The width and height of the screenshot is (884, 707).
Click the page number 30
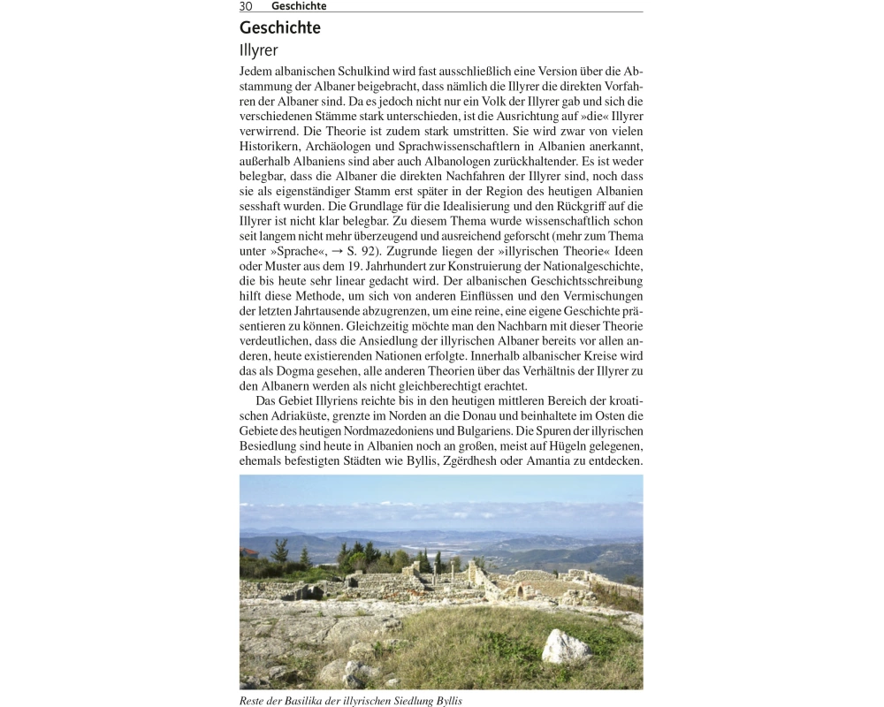(x=246, y=6)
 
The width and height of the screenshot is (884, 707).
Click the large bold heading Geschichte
(x=280, y=28)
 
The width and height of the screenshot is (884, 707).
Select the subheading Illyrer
(x=258, y=51)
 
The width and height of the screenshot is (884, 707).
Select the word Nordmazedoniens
(x=404, y=431)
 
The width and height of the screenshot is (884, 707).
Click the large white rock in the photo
(x=565, y=647)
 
